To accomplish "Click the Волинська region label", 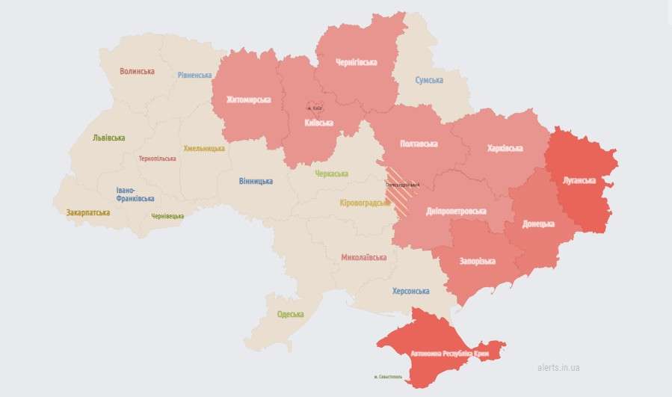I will [137, 72].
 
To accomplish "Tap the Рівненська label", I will [194, 75].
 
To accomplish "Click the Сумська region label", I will [429, 80].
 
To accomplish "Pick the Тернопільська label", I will [158, 159].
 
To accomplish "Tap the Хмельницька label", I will [204, 149].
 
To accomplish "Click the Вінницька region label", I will [256, 181].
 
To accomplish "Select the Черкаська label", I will [331, 173].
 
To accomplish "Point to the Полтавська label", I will [419, 143].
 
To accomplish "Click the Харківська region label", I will [505, 148].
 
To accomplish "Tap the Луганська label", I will [580, 180].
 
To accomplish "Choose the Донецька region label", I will [538, 224].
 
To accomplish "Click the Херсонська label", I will [410, 291].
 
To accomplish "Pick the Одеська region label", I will [290, 314].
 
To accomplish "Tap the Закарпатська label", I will [88, 212].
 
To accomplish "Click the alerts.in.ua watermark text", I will [558, 367].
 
